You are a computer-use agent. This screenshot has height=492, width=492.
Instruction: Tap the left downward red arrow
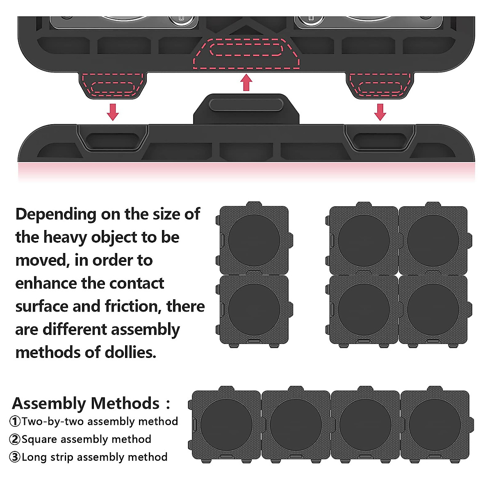coord(112,112)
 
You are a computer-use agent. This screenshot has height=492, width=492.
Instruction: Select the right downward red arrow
coord(380,112)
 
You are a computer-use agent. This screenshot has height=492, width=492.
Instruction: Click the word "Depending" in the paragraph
coord(56,214)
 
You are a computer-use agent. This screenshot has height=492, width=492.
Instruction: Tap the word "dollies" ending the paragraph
coord(130,353)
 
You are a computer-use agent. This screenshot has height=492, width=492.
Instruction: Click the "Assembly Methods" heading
coord(86,403)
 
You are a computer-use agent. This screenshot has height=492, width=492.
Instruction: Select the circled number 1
coord(15,421)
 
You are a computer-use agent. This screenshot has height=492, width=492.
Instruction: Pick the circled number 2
coord(15,440)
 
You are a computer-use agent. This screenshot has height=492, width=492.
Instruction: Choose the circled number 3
coord(15,457)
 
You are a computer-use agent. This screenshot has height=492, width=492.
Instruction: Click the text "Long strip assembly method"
coord(95,457)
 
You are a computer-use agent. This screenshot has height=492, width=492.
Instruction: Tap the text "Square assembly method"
coord(87,440)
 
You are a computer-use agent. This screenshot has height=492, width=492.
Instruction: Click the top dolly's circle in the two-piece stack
coord(254,240)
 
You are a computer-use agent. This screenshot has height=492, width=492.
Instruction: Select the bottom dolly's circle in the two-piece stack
coord(254,309)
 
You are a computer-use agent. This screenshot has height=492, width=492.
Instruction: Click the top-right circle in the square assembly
coord(433,240)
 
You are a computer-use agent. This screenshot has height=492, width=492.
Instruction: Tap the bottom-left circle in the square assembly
coord(364,309)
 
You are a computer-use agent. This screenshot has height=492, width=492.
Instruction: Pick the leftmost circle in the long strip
coord(226,425)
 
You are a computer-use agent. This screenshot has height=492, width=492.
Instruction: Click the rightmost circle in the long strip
coord(435,425)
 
